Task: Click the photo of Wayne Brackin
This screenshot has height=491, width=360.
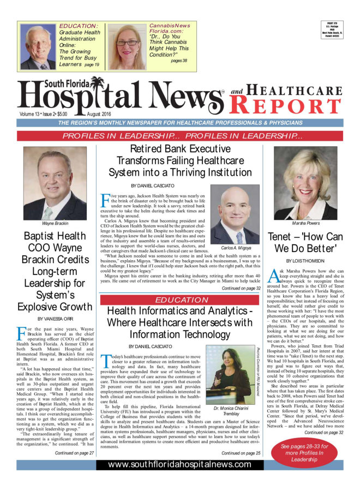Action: point(55,183)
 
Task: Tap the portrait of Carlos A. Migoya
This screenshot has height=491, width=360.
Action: point(235,214)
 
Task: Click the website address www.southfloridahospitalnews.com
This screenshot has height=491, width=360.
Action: point(179,464)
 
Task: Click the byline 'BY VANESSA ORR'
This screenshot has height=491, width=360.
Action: point(55,318)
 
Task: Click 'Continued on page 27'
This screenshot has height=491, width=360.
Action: point(74,453)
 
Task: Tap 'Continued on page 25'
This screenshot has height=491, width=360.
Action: point(241,453)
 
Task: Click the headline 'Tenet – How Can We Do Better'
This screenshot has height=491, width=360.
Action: point(304,243)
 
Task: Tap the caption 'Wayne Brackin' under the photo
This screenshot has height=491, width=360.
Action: point(55,224)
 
